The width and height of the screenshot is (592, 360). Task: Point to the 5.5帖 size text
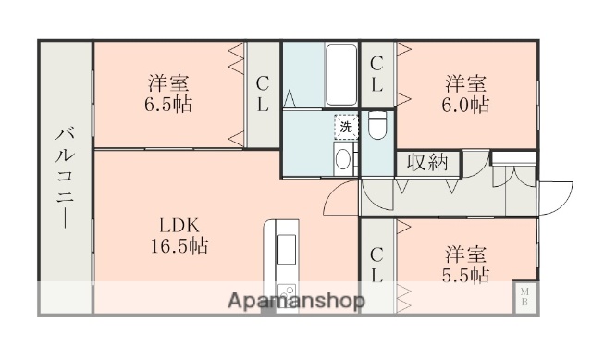coord(465,275)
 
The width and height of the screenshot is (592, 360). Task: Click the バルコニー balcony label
coord(65,176)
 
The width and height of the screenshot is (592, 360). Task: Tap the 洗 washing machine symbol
coord(345,125)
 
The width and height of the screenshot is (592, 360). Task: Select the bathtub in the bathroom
coord(341,75)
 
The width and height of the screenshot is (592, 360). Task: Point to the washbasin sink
coord(342,159)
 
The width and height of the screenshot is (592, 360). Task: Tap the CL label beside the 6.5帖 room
coord(263,93)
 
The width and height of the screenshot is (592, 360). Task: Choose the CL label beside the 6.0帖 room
coord(376,74)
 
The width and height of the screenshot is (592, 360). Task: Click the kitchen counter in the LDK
coord(282,264)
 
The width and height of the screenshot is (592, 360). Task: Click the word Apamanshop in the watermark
coord(297,301)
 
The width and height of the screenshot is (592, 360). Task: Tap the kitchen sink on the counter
coord(285,250)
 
